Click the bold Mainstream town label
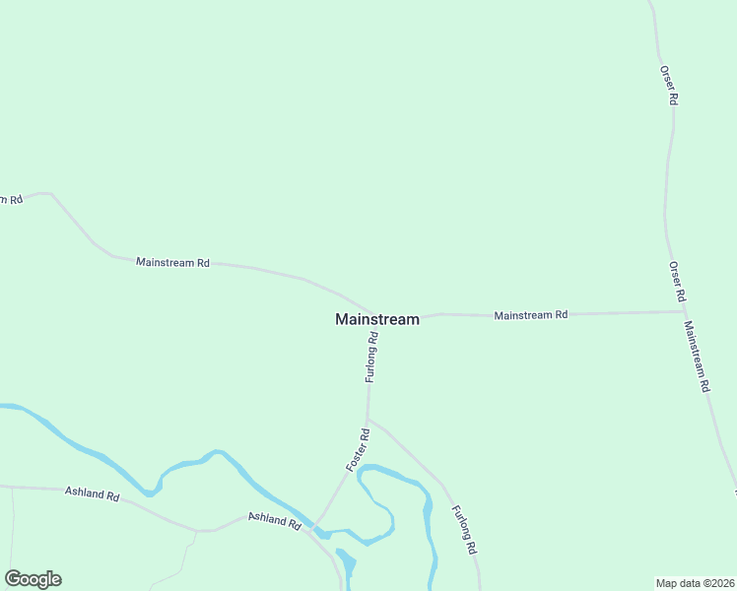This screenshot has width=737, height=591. [x=376, y=319]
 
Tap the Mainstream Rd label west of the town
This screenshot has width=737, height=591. [x=173, y=263]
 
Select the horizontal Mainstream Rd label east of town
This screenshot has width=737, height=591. [x=531, y=315]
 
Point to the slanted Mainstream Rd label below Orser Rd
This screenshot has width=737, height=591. [x=697, y=358]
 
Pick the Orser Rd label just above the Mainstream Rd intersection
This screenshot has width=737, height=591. [x=676, y=282]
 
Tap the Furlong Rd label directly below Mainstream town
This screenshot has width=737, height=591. [x=371, y=358]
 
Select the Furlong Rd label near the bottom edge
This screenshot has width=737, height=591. [x=464, y=529]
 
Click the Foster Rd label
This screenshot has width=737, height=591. [x=359, y=448]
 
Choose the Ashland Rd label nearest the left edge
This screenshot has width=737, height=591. [x=92, y=492]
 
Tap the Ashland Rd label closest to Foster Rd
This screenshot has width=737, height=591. [x=274, y=520]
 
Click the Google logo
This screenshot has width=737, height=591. [x=33, y=579]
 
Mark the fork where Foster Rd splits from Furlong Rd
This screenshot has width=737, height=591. [x=368, y=419]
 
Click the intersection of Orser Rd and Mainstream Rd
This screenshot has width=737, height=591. [x=684, y=311]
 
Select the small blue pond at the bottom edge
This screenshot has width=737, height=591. [x=346, y=566]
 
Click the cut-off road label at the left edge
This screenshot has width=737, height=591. [x=10, y=200]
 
